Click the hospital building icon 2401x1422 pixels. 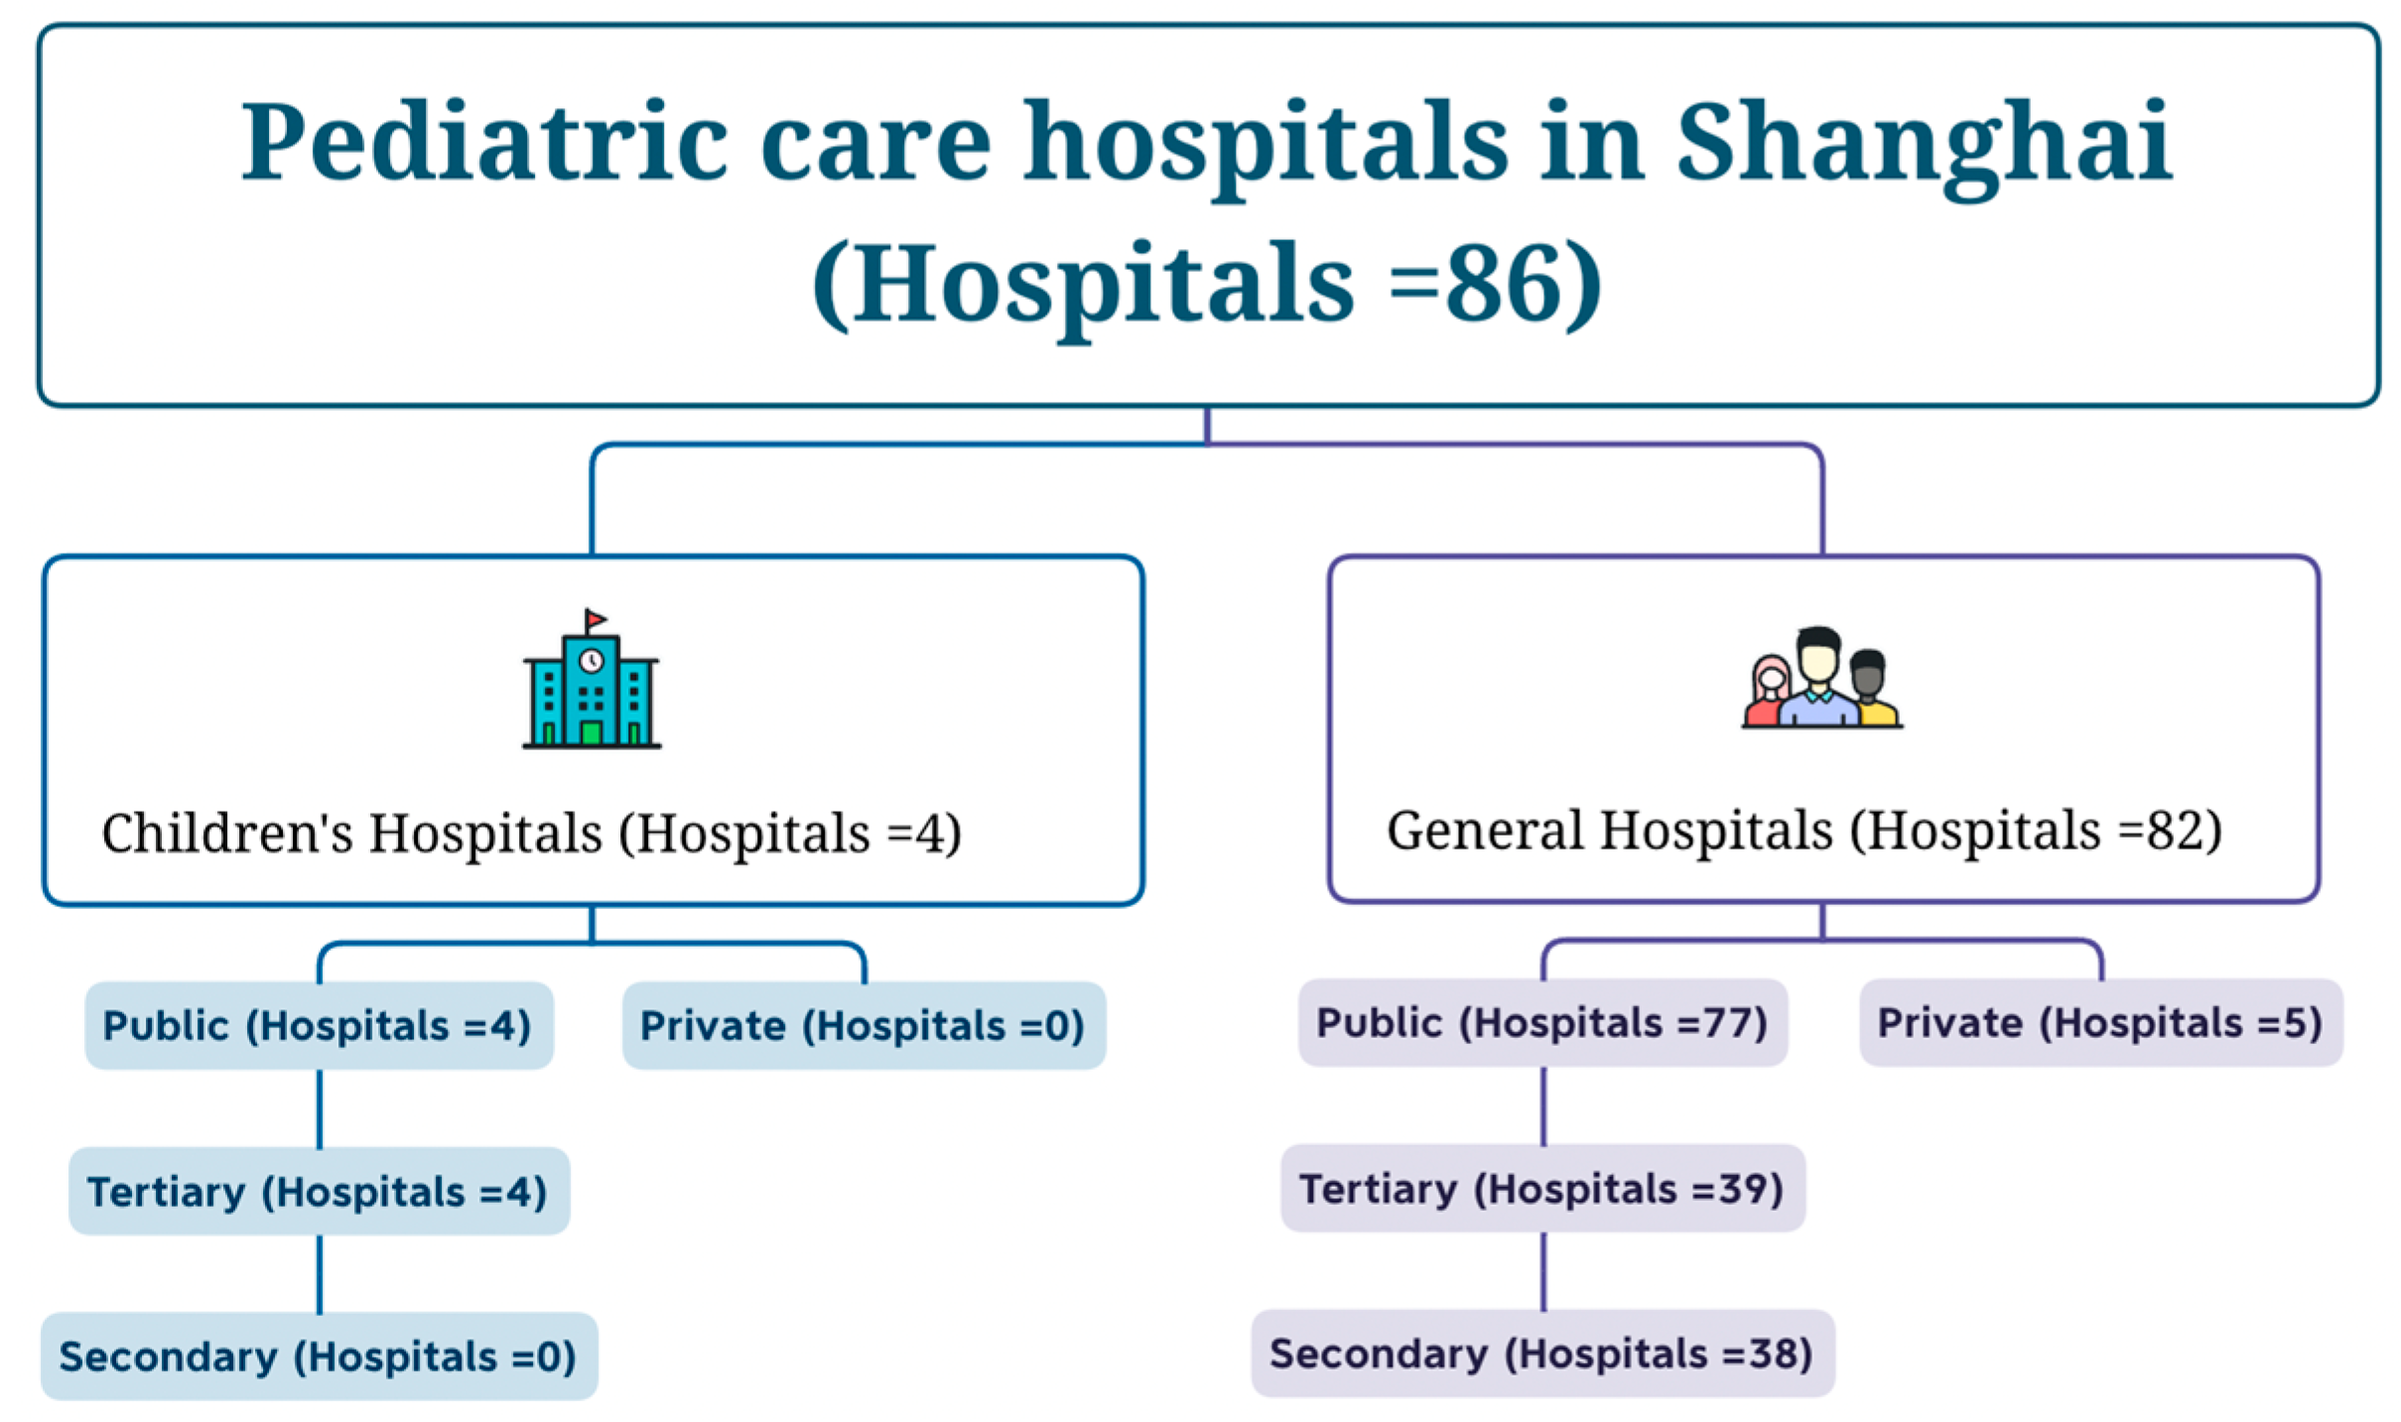click(x=592, y=679)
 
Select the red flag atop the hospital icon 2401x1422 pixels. click(x=596, y=620)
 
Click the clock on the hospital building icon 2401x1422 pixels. click(x=592, y=660)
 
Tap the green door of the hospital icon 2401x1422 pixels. click(x=592, y=732)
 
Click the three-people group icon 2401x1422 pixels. click(x=1822, y=678)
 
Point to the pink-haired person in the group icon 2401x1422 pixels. click(x=1768, y=690)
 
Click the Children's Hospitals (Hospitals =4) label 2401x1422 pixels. click(x=532, y=833)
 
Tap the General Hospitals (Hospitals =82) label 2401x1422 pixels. click(x=1804, y=831)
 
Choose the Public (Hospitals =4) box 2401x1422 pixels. click(x=319, y=1025)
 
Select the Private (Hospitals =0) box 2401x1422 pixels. click(x=864, y=1025)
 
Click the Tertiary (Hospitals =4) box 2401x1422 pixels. click(x=319, y=1191)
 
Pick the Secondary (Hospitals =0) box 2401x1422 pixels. click(x=319, y=1357)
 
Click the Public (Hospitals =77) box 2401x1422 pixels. click(x=1542, y=1023)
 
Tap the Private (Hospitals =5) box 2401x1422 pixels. click(x=2100, y=1023)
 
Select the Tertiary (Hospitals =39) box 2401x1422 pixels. click(x=1542, y=1188)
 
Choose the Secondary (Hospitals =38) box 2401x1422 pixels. click(x=1542, y=1354)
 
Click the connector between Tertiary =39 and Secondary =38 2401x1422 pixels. click(x=1543, y=1271)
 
